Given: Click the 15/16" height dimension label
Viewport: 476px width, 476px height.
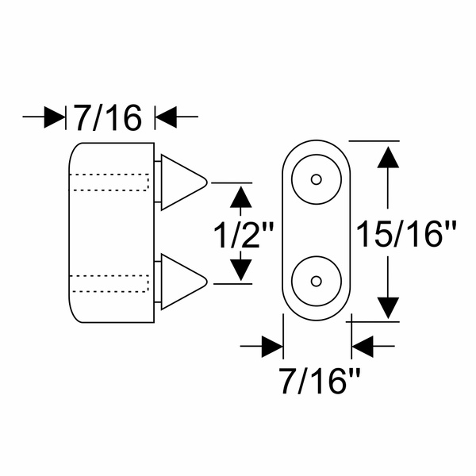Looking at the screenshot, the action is click(406, 234).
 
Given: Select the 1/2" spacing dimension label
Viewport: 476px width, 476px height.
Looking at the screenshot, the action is click(244, 236).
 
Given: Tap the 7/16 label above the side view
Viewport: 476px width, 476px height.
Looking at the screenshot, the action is click(109, 117).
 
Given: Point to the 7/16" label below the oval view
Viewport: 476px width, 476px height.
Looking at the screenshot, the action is click(320, 380).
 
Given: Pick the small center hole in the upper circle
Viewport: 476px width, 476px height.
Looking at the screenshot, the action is click(317, 179).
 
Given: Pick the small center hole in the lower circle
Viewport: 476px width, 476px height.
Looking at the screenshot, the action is click(317, 282).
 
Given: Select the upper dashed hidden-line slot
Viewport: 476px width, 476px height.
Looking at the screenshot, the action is click(109, 182).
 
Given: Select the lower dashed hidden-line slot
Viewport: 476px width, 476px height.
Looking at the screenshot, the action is click(109, 283).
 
